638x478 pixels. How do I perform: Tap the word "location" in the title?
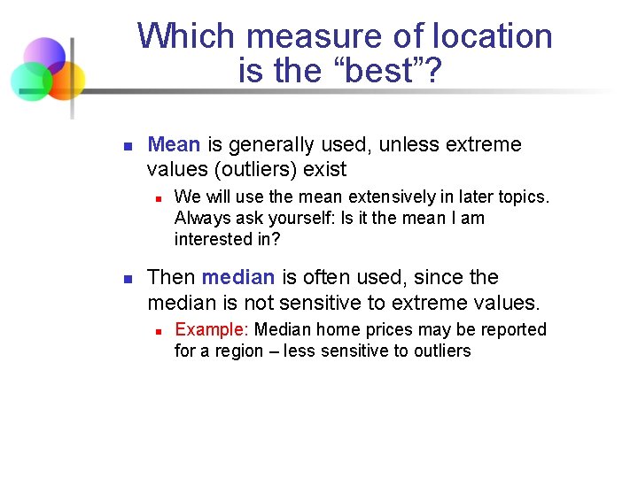tap(493, 36)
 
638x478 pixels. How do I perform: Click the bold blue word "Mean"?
tap(174, 144)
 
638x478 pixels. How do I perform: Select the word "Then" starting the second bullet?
tap(171, 277)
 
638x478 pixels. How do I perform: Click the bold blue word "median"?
tap(238, 277)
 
